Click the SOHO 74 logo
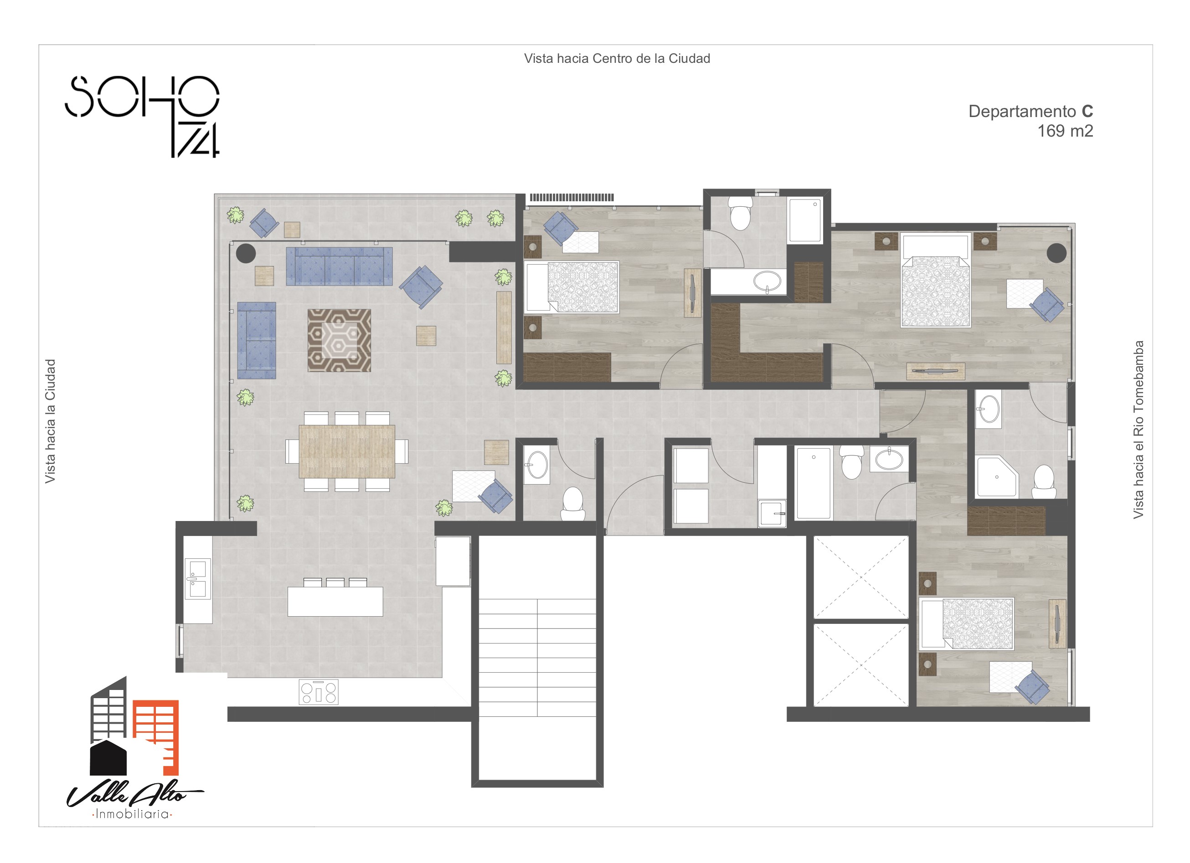pyautogui.click(x=142, y=117)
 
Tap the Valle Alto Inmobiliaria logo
pyautogui.click(x=135, y=748)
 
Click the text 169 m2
pyautogui.click(x=1065, y=131)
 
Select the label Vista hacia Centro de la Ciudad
pyautogui.click(x=617, y=59)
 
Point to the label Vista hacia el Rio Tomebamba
pyautogui.click(x=1138, y=430)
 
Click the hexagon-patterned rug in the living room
pyautogui.click(x=339, y=340)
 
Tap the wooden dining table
pyautogui.click(x=347, y=451)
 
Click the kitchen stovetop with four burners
pyautogui.click(x=319, y=692)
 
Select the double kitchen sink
pyautogui.click(x=198, y=578)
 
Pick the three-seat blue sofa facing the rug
pyautogui.click(x=339, y=266)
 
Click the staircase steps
pyautogui.click(x=537, y=658)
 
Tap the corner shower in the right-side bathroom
pyautogui.click(x=997, y=476)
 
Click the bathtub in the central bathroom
pyautogui.click(x=813, y=483)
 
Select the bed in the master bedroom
pyautogui.click(x=935, y=281)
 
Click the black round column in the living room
pyautogui.click(x=246, y=253)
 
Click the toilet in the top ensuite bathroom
pyautogui.click(x=740, y=214)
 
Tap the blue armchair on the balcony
pyautogui.click(x=264, y=223)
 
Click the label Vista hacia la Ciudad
pyautogui.click(x=50, y=421)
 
